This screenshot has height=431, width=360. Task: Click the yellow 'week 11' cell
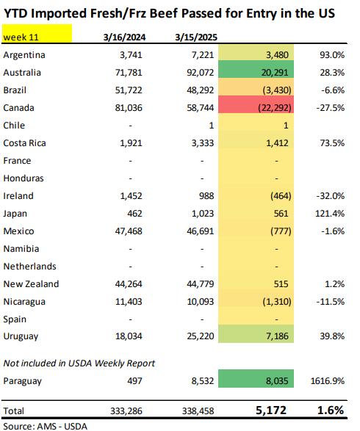(x=37, y=33)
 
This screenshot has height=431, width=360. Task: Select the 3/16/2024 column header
(x=125, y=37)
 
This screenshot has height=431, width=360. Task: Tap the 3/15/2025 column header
(x=196, y=37)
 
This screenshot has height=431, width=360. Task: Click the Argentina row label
(x=24, y=55)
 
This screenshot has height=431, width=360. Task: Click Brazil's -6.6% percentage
(x=333, y=90)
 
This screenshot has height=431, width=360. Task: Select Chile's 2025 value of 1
(x=211, y=126)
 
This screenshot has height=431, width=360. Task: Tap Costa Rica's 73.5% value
(x=332, y=143)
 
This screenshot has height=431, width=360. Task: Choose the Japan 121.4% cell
(x=330, y=214)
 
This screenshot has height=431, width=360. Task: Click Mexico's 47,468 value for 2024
(x=129, y=231)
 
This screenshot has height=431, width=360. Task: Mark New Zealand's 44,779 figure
(x=201, y=283)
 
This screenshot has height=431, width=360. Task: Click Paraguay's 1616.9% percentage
(x=327, y=381)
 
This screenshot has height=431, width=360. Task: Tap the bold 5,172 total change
(x=271, y=410)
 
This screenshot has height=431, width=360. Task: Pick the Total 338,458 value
(x=198, y=411)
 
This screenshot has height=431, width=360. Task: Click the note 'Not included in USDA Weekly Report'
(x=79, y=363)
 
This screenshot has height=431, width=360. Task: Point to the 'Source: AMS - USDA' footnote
(x=45, y=426)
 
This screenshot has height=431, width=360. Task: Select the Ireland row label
(x=18, y=196)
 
